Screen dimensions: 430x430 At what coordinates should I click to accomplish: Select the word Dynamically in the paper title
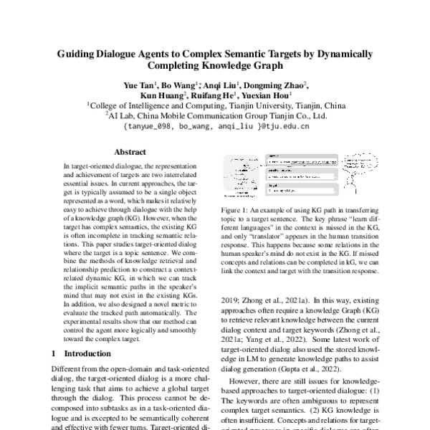coord(340,54)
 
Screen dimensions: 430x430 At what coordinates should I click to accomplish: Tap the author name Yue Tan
coord(137,85)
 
